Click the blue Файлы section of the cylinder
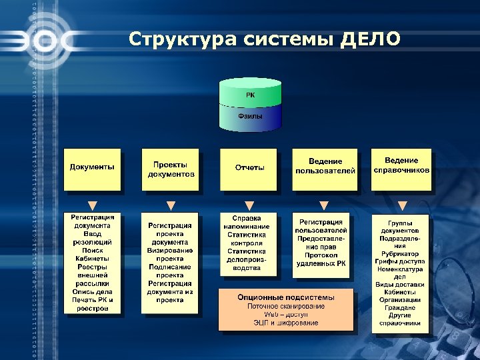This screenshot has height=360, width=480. coord(250,116)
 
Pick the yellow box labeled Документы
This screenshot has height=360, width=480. coord(93,167)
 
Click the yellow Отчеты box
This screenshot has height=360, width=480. coord(249,167)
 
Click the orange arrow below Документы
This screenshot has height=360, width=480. coord(93,205)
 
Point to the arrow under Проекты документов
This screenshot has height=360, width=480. coord(171,205)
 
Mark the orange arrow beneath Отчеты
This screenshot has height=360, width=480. coord(249,205)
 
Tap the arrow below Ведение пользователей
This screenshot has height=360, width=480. coord(324,205)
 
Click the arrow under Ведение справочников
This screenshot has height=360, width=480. coord(402,205)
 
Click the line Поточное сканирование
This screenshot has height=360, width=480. coord(286,306)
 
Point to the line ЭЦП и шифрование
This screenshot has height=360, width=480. coord(286,323)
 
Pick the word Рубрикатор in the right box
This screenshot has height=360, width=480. coord(400,253)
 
